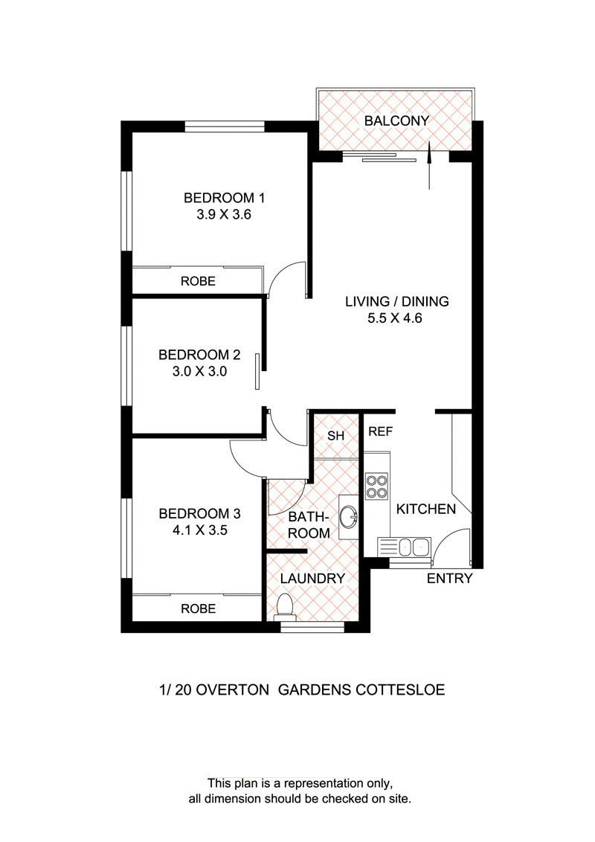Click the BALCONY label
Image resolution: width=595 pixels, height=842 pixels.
396,121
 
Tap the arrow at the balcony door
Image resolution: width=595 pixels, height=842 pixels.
430,167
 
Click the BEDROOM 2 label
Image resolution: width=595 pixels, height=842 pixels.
192,354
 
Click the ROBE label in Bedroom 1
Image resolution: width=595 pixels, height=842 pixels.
198,281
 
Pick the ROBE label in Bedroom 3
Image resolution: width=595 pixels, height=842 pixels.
198,608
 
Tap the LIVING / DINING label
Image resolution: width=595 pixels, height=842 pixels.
396,302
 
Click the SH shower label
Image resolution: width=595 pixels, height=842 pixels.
336,436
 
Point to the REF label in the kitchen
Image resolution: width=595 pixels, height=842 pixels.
380,431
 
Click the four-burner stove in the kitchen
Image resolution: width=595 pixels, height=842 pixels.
376,486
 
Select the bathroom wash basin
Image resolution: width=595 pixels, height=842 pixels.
348,515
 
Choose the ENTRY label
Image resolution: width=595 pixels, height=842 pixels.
449,579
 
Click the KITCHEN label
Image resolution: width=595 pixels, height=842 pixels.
425,510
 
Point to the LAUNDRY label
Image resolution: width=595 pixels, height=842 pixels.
312,579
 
